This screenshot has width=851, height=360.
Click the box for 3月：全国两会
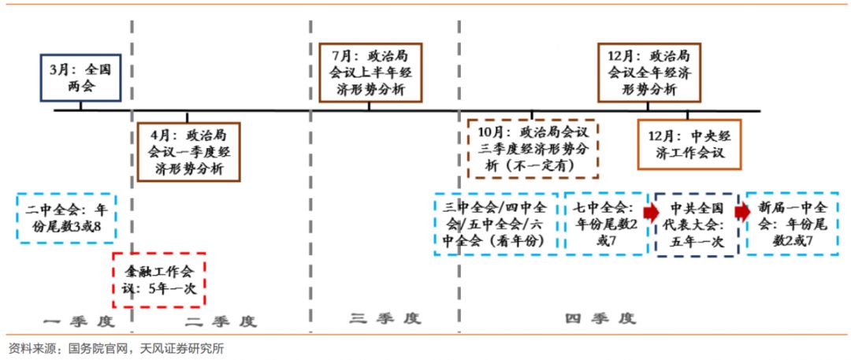click(81, 77)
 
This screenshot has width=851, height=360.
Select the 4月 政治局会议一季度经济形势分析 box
click(188, 151)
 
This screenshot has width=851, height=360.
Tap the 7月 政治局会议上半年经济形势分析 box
click(369, 72)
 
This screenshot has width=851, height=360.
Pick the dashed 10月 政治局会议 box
click(533, 149)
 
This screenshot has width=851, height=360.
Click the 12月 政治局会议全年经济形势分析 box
click(649, 72)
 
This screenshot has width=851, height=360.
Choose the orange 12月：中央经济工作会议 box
click(689, 143)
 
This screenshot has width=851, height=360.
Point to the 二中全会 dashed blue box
click(65, 219)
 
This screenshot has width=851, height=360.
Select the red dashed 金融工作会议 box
click(159, 280)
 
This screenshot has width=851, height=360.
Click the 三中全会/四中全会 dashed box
click(495, 224)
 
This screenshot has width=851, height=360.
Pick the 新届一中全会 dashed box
click(793, 224)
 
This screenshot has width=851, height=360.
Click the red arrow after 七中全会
click(651, 212)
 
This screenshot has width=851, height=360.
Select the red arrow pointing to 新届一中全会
click(742, 212)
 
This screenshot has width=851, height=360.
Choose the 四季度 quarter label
click(600, 318)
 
